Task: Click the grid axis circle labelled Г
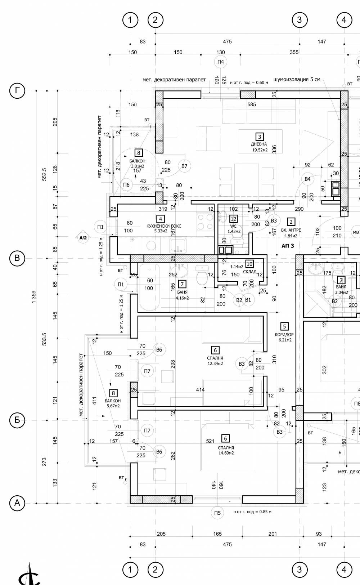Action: [x=17, y=91]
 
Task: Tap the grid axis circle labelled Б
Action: [x=17, y=420]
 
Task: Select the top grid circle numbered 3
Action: [x=300, y=20]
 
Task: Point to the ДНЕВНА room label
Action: [x=259, y=144]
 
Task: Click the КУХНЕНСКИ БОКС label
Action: [x=164, y=226]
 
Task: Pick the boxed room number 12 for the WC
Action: [x=233, y=219]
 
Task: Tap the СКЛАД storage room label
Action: [x=249, y=272]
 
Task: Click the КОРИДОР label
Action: [x=284, y=335]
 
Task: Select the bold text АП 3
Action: [x=288, y=246]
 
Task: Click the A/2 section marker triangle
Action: [x=83, y=238]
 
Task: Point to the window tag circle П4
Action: [x=220, y=62]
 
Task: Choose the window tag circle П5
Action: [x=217, y=513]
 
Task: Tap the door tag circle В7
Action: [x=184, y=166]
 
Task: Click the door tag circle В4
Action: [x=307, y=179]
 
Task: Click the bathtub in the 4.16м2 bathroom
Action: [x=149, y=287]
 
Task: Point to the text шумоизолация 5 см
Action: [x=297, y=80]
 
